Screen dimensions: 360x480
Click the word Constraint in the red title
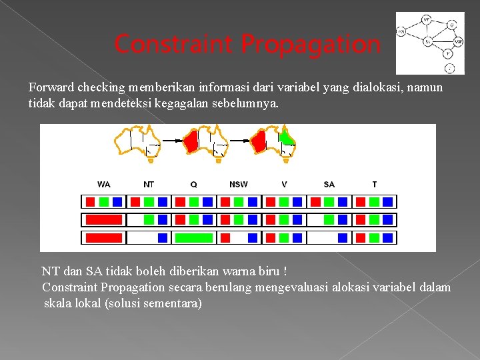175,45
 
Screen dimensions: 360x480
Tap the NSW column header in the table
238,184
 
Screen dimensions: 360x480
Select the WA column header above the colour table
104,184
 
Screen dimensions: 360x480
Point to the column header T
374,184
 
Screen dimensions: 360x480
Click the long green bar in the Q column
193,237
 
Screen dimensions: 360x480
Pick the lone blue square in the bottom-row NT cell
163,237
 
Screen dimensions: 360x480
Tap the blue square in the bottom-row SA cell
343,237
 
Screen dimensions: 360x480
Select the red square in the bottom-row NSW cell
225,237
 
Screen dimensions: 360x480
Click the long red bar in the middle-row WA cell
103,219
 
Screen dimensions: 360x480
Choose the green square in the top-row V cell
284,201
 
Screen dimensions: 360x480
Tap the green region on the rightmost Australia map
287,138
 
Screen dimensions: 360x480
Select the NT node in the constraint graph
426,20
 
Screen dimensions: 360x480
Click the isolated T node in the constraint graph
449,67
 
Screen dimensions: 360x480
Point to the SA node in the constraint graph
428,41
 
